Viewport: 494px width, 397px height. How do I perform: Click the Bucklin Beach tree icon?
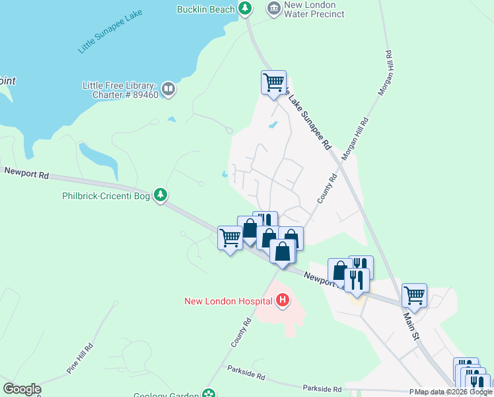pos(246,9)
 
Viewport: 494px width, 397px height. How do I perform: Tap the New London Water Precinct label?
pos(314,9)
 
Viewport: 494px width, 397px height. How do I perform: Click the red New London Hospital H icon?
pos(283,301)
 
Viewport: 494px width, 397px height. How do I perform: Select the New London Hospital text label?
pos(228,301)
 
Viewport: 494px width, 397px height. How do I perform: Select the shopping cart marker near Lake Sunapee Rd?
pos(273,83)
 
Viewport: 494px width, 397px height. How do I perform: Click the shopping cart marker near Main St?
pos(414,295)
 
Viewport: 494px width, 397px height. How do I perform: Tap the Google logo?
pos(22,389)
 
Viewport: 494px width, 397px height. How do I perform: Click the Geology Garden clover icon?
pos(209,394)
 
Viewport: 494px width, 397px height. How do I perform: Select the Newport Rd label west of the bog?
pos(26,173)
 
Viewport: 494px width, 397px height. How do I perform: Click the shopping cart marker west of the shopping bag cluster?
pos(230,238)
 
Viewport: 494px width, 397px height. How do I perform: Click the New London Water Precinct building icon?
pos(273,9)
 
